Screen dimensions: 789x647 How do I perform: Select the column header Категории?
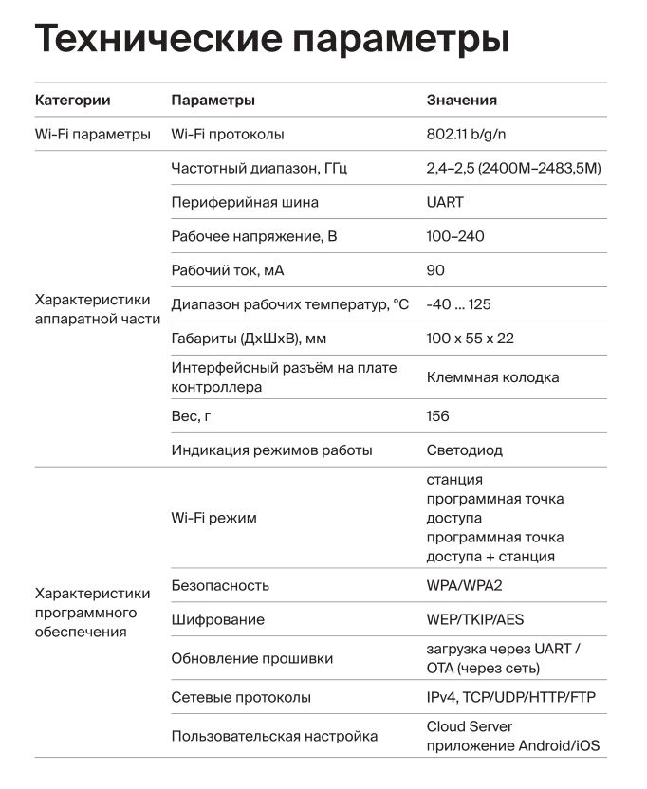pyautogui.click(x=72, y=100)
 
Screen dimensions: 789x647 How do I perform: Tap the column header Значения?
pyautogui.click(x=461, y=100)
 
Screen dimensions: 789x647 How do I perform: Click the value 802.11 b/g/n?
pyautogui.click(x=472, y=134)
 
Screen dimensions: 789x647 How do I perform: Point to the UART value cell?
pyautogui.click(x=445, y=202)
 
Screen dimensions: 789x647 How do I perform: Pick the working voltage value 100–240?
pyautogui.click(x=455, y=236)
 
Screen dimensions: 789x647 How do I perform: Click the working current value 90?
pyautogui.click(x=435, y=270)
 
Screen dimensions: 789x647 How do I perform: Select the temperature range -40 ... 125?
pyautogui.click(x=458, y=304)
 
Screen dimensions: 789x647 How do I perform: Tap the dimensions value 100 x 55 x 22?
pyautogui.click(x=471, y=339)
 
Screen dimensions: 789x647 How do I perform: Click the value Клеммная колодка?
pyautogui.click(x=492, y=377)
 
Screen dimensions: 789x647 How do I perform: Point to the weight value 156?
pyautogui.click(x=438, y=416)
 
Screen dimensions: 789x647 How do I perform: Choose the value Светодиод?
pyautogui.click(x=465, y=450)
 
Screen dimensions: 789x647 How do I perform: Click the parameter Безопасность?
pyautogui.click(x=220, y=585)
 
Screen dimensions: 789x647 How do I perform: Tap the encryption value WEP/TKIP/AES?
pyautogui.click(x=475, y=619)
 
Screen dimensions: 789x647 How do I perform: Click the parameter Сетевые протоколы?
pyautogui.click(x=241, y=697)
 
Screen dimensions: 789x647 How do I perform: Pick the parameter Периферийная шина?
pyautogui.click(x=245, y=202)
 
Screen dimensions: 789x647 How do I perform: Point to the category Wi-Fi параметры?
pyautogui.click(x=93, y=134)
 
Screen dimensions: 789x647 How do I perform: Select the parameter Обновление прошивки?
pyautogui.click(x=251, y=658)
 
